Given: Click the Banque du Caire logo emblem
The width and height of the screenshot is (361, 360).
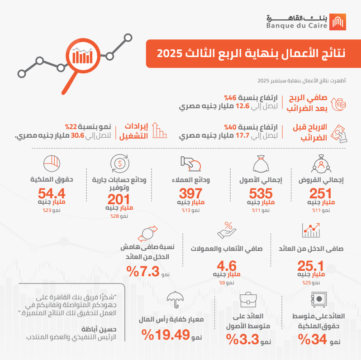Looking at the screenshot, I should point(339,22).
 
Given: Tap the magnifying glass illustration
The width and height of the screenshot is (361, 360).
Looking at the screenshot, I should point(83,57).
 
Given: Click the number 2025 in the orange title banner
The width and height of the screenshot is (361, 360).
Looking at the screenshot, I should point(168,53).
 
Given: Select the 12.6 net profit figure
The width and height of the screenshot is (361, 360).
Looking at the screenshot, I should point(242,106).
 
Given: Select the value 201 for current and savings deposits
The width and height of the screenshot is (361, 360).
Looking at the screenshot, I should point(119,200).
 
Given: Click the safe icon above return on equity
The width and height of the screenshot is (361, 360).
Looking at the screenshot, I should point(318,299).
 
